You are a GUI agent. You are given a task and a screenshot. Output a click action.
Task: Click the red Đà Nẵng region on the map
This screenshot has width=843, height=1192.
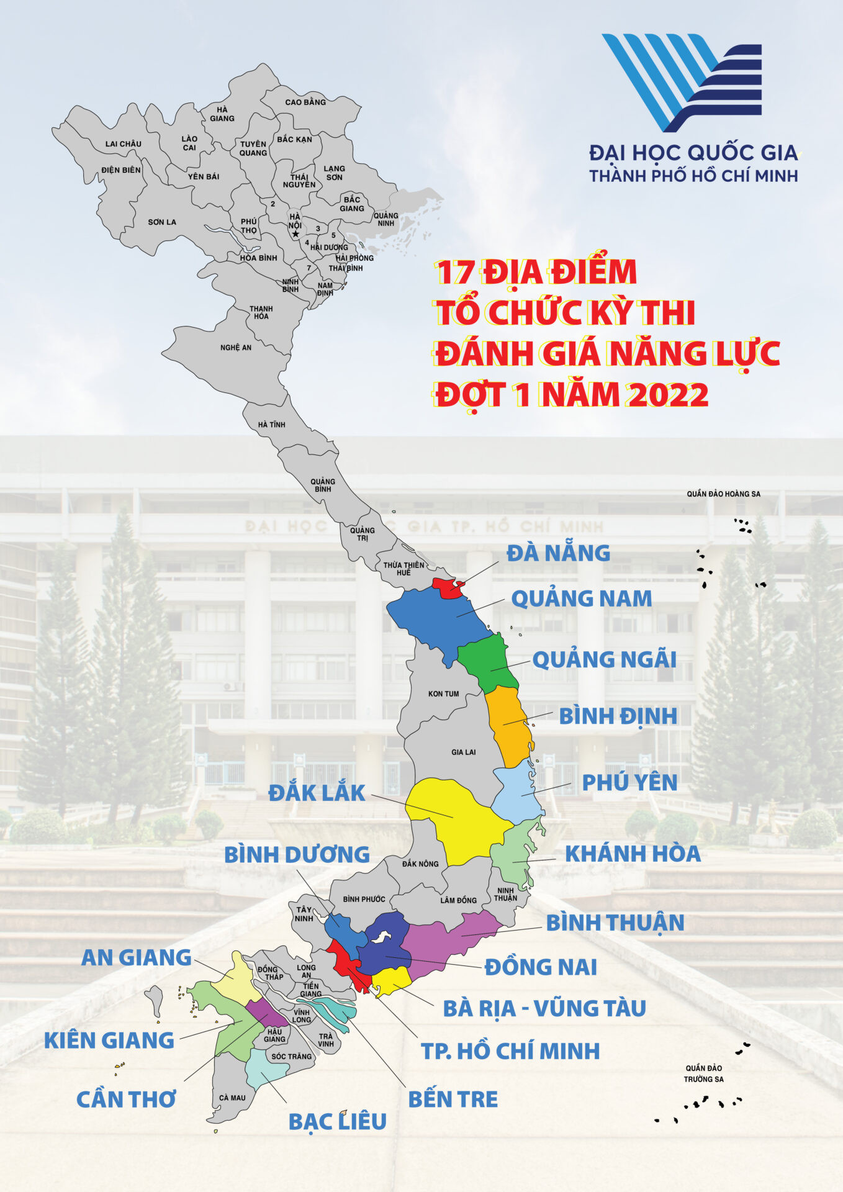point(447,587)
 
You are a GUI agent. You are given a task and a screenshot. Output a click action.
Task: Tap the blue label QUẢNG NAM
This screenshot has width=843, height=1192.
point(581,598)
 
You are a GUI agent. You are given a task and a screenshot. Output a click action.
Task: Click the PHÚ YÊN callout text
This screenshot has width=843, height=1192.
point(629,782)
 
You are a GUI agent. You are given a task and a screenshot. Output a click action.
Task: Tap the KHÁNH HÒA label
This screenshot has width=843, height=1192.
point(632,854)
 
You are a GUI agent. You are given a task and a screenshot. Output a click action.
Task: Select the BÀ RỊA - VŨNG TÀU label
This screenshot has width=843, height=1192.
point(544,1009)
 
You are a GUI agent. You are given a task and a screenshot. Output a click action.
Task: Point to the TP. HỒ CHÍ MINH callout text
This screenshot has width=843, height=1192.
point(510,1051)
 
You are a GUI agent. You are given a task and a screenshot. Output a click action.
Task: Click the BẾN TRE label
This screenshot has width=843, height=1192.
point(453,1099)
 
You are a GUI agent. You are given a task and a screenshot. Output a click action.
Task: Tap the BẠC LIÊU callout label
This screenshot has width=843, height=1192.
point(337,1121)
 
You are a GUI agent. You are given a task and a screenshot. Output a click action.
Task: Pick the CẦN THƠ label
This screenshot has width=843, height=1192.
point(126,1099)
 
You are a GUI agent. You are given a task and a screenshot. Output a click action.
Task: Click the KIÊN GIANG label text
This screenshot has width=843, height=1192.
point(109,1040)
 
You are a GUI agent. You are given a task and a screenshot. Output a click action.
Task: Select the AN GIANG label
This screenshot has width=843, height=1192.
point(136,957)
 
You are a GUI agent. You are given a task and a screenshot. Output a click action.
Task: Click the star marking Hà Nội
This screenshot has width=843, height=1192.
point(295,234)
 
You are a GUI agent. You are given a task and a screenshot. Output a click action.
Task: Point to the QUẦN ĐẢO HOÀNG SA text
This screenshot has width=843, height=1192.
point(723,494)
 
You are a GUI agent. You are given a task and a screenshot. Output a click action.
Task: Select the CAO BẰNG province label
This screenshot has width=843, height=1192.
point(305,102)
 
